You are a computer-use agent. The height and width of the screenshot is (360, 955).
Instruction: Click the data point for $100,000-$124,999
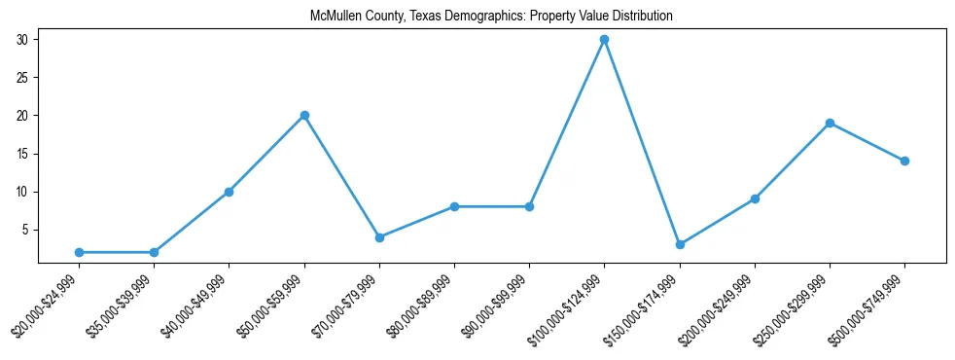pos(604,40)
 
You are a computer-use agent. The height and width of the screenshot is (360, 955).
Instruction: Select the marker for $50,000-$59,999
pos(304,116)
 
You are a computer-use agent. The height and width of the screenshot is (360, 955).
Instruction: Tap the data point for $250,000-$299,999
pos(830,124)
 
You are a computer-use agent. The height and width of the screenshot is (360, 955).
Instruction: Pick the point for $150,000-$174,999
pos(680,244)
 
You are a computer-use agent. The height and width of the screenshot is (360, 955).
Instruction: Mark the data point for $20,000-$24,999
pos(79,252)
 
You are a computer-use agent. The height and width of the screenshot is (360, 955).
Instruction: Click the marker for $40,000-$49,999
pos(229,192)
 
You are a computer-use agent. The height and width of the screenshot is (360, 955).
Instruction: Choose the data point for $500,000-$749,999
pos(904,162)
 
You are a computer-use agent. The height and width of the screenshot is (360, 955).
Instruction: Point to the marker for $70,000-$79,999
pos(379,237)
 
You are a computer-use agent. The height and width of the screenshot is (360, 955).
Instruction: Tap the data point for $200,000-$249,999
pos(755,199)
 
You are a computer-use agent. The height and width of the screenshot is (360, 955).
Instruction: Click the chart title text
pos(491,17)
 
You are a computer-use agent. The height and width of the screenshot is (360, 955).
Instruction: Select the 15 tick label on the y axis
pos(24,154)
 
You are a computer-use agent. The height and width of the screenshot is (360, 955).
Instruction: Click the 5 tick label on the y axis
pos(27,230)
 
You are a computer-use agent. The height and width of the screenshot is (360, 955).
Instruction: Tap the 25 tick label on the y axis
pos(24,78)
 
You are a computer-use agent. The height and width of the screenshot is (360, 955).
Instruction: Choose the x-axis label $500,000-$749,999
pos(868,307)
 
